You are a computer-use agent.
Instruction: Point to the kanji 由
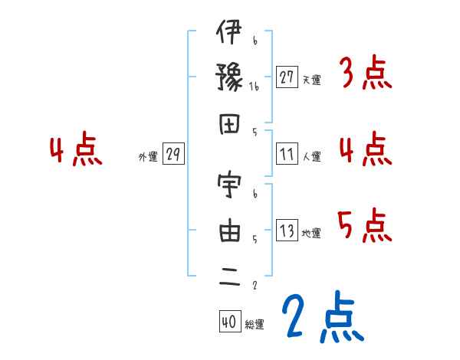tap(229, 233)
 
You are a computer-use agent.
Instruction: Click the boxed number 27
tap(287, 77)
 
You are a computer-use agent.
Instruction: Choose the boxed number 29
tap(173, 155)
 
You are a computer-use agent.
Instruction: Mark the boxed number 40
tap(229, 322)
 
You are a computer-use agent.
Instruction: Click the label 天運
tap(311, 80)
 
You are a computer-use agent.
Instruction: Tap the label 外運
tap(148, 157)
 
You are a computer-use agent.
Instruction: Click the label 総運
tap(255, 324)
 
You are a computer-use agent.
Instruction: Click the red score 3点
tap(365, 75)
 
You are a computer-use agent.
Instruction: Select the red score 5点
tap(365, 227)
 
